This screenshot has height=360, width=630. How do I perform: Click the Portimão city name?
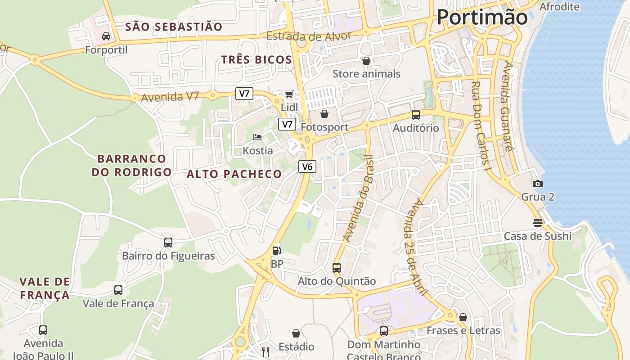pos(482,18)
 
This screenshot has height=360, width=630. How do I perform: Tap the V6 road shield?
pos(307,166)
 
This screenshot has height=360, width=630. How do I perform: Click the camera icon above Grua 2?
pos(537,184)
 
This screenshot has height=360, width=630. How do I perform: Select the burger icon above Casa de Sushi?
pos(537,222)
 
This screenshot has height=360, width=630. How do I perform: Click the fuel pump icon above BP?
pos(277,250)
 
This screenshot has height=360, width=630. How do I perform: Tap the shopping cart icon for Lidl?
pos(289,94)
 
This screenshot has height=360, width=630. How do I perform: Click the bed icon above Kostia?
pos(257,137)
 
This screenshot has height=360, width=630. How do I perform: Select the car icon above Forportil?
pos(106,36)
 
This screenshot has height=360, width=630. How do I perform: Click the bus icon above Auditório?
pos(415,114)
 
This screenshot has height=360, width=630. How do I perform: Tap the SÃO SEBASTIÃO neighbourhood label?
pos(174,27)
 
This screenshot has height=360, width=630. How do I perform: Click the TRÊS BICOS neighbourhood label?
pos(256,60)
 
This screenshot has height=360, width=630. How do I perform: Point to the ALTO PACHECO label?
pos(234,174)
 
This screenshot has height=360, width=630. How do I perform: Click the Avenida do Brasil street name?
pos(358,198)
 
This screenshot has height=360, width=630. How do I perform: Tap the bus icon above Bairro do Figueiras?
pos(168,243)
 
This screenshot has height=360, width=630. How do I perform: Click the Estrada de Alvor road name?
pos(309,36)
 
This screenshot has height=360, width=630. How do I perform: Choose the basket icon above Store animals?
pos(366,60)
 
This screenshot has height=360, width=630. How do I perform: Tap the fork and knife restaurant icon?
pos(265,351)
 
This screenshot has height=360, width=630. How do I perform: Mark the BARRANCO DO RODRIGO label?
pos(132,165)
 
